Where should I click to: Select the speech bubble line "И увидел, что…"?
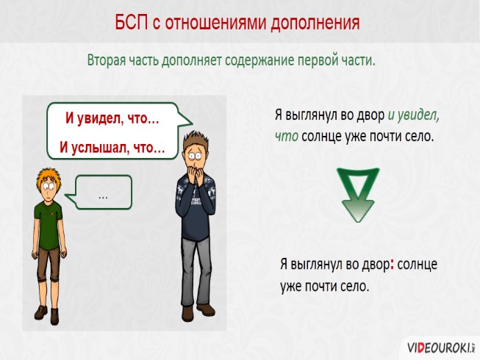(112, 118)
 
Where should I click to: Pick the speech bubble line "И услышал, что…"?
(112, 148)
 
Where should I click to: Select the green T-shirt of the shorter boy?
(48, 221)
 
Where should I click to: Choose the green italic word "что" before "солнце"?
(286, 136)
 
